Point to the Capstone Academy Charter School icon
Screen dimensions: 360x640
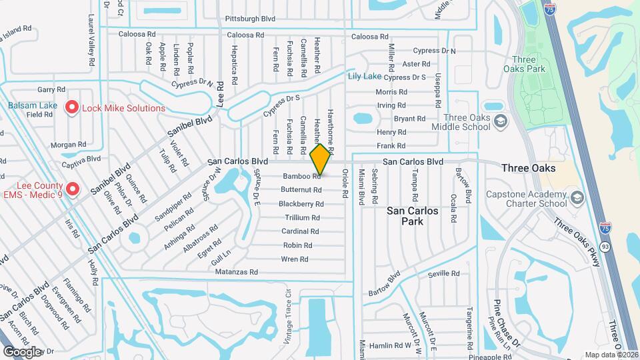tap(577, 198)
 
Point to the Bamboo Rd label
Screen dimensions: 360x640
tap(302, 176)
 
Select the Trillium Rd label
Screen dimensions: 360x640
tap(303, 218)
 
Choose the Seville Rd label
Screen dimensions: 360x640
tap(444, 273)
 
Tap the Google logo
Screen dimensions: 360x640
tap(22, 352)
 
